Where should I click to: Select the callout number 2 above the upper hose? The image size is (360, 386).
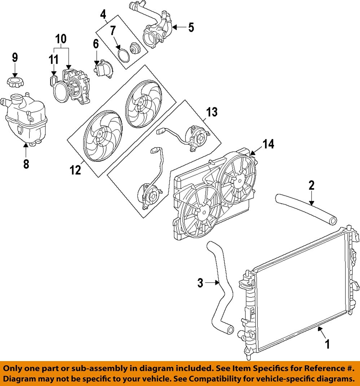click(311, 186)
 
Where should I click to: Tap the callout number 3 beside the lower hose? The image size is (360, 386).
click(200, 282)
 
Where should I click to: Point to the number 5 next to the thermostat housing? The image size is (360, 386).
click(190, 27)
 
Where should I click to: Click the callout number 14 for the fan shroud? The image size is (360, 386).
click(268, 144)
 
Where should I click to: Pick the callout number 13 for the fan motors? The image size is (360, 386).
click(212, 112)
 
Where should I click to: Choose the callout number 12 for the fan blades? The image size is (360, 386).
click(75, 170)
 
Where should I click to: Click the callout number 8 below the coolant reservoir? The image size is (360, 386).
click(26, 164)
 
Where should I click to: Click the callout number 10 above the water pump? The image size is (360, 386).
click(61, 39)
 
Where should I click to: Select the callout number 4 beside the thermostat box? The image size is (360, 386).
click(103, 15)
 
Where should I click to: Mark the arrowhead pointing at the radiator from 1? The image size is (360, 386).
click(319, 328)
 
